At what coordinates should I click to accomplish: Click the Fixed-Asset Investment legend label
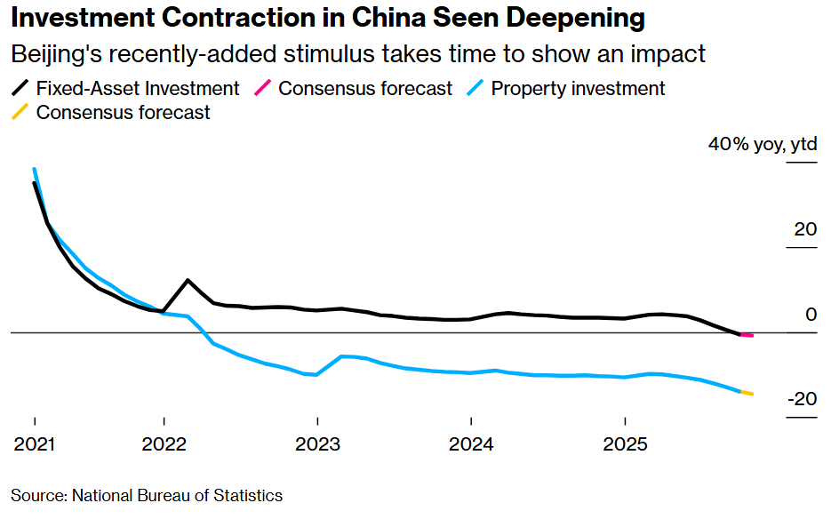(x=138, y=88)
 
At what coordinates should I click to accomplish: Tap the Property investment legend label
(x=578, y=88)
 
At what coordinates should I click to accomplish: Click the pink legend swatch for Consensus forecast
(x=263, y=88)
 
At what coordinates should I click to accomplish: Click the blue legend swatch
(x=476, y=88)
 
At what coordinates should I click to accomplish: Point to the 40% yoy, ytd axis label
(x=762, y=145)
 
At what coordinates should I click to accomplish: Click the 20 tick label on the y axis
(x=804, y=230)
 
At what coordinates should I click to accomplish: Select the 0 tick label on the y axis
(x=810, y=315)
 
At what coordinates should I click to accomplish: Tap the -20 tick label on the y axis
(x=801, y=399)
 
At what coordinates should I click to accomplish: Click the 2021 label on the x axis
(x=34, y=443)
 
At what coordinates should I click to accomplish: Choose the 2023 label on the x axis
(x=317, y=443)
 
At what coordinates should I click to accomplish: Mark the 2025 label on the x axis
(x=625, y=443)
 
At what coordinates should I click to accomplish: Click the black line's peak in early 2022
(x=188, y=280)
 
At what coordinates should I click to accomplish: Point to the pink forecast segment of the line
(x=747, y=335)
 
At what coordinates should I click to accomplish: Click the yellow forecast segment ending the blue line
(x=747, y=393)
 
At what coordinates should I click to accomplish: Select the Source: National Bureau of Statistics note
(x=147, y=495)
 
